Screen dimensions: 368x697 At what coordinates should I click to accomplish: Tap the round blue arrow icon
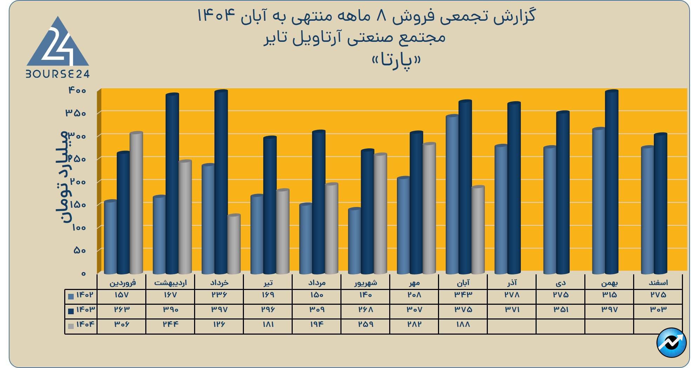(671, 343)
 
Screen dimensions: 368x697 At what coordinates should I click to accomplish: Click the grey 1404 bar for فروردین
(136, 203)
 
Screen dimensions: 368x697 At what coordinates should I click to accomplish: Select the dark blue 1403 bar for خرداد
(221, 182)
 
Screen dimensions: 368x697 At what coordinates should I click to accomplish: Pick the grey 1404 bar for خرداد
(234, 244)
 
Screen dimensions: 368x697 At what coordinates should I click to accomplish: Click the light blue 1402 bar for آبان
(452, 194)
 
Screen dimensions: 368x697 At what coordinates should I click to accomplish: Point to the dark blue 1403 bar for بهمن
(612, 182)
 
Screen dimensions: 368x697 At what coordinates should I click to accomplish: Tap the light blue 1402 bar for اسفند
(648, 210)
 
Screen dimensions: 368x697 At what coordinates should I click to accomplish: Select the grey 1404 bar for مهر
(429, 208)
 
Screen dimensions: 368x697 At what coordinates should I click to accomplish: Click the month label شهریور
(365, 283)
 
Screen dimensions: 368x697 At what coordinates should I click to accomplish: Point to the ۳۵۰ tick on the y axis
(75, 113)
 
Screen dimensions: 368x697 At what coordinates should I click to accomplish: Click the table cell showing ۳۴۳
(463, 295)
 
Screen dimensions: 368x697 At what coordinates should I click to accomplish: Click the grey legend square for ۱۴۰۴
(71, 326)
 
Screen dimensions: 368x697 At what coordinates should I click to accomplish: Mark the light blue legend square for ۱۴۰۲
(71, 296)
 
